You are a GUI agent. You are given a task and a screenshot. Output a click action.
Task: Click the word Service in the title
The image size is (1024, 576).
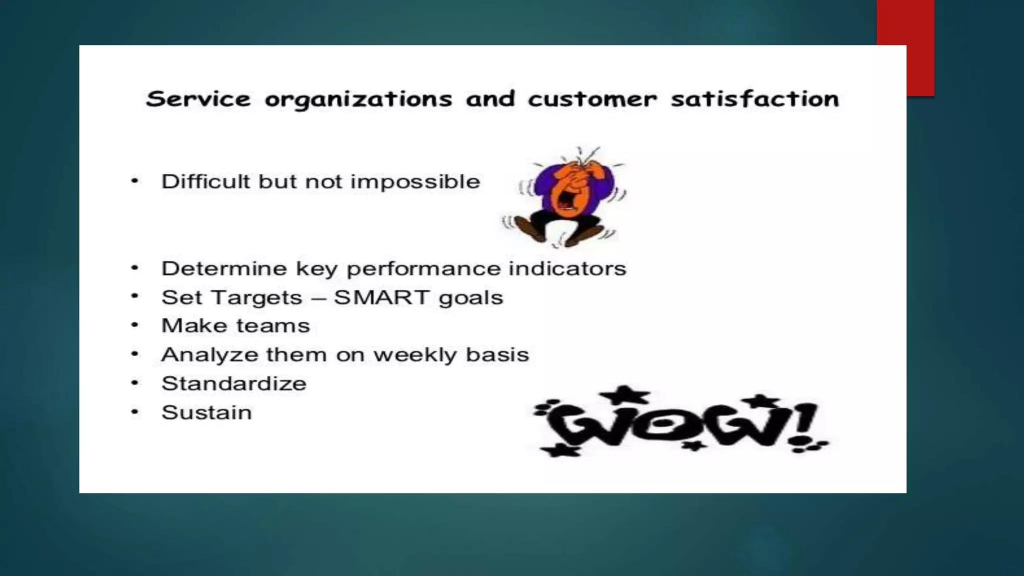198,99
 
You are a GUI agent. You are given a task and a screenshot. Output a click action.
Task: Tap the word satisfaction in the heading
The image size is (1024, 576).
755,99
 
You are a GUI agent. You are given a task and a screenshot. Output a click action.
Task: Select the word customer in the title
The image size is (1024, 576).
592,99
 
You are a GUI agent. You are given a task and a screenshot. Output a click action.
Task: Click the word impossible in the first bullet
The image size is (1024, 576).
415,182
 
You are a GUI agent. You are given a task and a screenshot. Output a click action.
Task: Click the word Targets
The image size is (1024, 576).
257,298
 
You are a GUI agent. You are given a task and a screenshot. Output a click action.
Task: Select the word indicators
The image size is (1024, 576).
567,268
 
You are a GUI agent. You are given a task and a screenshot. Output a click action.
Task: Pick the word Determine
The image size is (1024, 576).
224,268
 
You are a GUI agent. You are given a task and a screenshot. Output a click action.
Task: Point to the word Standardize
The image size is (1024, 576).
234,383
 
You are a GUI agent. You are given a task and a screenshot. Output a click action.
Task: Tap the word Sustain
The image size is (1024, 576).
206,412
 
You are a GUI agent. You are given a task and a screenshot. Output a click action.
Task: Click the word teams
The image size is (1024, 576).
273,326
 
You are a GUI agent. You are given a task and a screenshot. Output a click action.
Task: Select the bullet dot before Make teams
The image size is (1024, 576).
134,325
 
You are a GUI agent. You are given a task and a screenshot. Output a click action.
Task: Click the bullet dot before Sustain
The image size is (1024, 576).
134,412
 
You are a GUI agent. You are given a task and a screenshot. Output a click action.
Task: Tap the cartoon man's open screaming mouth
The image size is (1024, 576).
565,200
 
